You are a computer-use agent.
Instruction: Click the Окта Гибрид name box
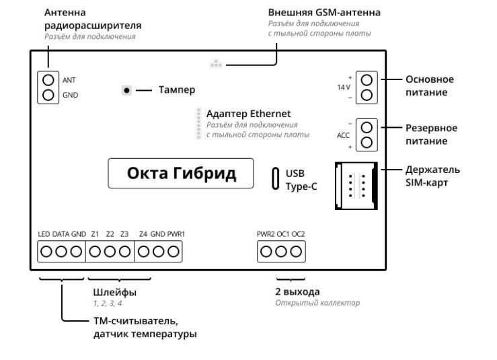click(182, 174)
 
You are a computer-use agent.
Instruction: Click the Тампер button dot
click(126, 90)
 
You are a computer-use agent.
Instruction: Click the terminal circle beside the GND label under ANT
click(48, 95)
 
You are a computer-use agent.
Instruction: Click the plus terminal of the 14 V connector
click(367, 79)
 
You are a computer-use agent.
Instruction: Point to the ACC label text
click(343, 135)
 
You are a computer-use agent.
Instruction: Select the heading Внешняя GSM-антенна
click(314, 12)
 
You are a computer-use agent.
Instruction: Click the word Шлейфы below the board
click(114, 292)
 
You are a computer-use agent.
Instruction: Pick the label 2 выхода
click(297, 292)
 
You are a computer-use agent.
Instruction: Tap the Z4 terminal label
click(143, 233)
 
